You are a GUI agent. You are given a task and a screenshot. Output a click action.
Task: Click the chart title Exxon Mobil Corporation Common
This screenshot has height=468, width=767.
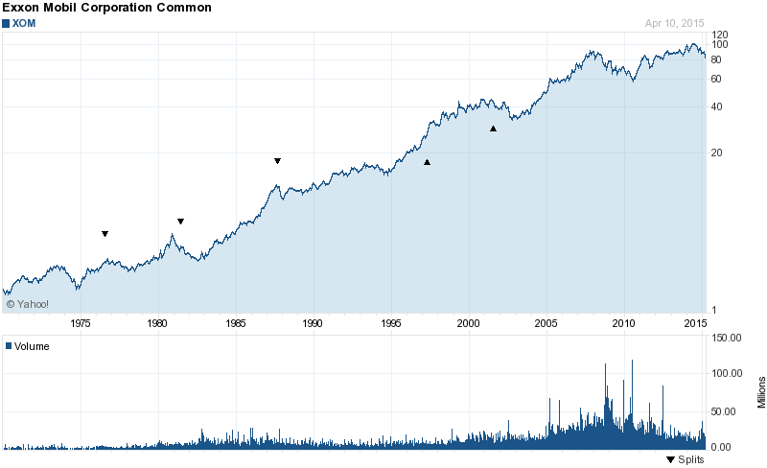pos(106,8)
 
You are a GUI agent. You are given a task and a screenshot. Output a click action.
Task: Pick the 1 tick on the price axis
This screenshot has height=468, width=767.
pos(712,309)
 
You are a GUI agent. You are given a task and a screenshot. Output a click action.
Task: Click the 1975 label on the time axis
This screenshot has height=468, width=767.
pos(81,323)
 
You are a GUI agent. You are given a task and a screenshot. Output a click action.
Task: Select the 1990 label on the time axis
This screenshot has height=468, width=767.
pos(313,323)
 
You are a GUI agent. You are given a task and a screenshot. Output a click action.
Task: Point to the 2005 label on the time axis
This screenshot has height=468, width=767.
pos(546,323)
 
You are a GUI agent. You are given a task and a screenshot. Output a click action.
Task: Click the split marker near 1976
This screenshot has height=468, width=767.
pos(105,234)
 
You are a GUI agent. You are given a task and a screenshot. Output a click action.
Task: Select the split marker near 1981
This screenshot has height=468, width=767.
pos(180,222)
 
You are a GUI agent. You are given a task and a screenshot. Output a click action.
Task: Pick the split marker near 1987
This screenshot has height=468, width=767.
pos(277,161)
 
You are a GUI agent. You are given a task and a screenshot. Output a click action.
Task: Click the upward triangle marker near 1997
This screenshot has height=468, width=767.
pos(428,162)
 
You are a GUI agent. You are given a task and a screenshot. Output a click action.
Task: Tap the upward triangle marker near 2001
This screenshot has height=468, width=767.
pos(494,129)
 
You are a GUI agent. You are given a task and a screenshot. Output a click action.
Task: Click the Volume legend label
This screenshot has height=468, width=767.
pos(31,346)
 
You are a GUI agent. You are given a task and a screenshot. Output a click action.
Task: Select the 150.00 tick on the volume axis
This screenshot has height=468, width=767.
pos(728,338)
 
